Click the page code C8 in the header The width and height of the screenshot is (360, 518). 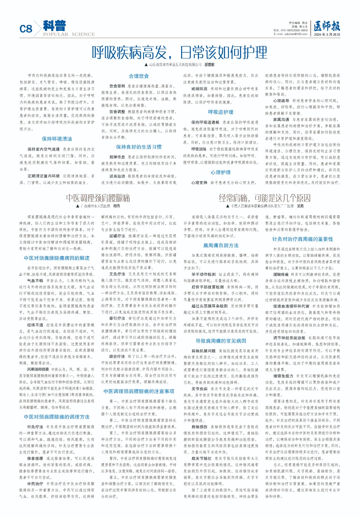26,29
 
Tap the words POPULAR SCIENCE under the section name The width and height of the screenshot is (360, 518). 69,34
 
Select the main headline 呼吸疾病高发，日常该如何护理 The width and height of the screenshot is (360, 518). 180,52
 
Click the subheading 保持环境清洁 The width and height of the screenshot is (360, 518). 57,139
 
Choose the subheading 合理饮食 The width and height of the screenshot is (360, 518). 139,76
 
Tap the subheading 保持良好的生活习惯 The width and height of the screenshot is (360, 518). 139,147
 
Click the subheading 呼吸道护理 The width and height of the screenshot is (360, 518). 221,112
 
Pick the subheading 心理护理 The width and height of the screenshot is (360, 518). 221,172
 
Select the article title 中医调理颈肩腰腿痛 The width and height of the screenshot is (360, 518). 98,198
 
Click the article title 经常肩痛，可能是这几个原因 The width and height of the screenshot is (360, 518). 265,198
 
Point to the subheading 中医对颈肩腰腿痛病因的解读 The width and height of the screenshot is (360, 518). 57,258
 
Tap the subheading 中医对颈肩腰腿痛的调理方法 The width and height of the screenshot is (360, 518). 57,417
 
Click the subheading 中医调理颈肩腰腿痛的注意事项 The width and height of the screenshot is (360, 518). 139,391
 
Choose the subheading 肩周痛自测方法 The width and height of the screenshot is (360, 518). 221,245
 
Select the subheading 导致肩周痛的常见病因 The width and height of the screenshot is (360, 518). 221,341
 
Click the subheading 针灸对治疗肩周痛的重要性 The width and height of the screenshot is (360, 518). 302,239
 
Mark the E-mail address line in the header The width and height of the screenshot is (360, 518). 290,34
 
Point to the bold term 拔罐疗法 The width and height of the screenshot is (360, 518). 117,236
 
